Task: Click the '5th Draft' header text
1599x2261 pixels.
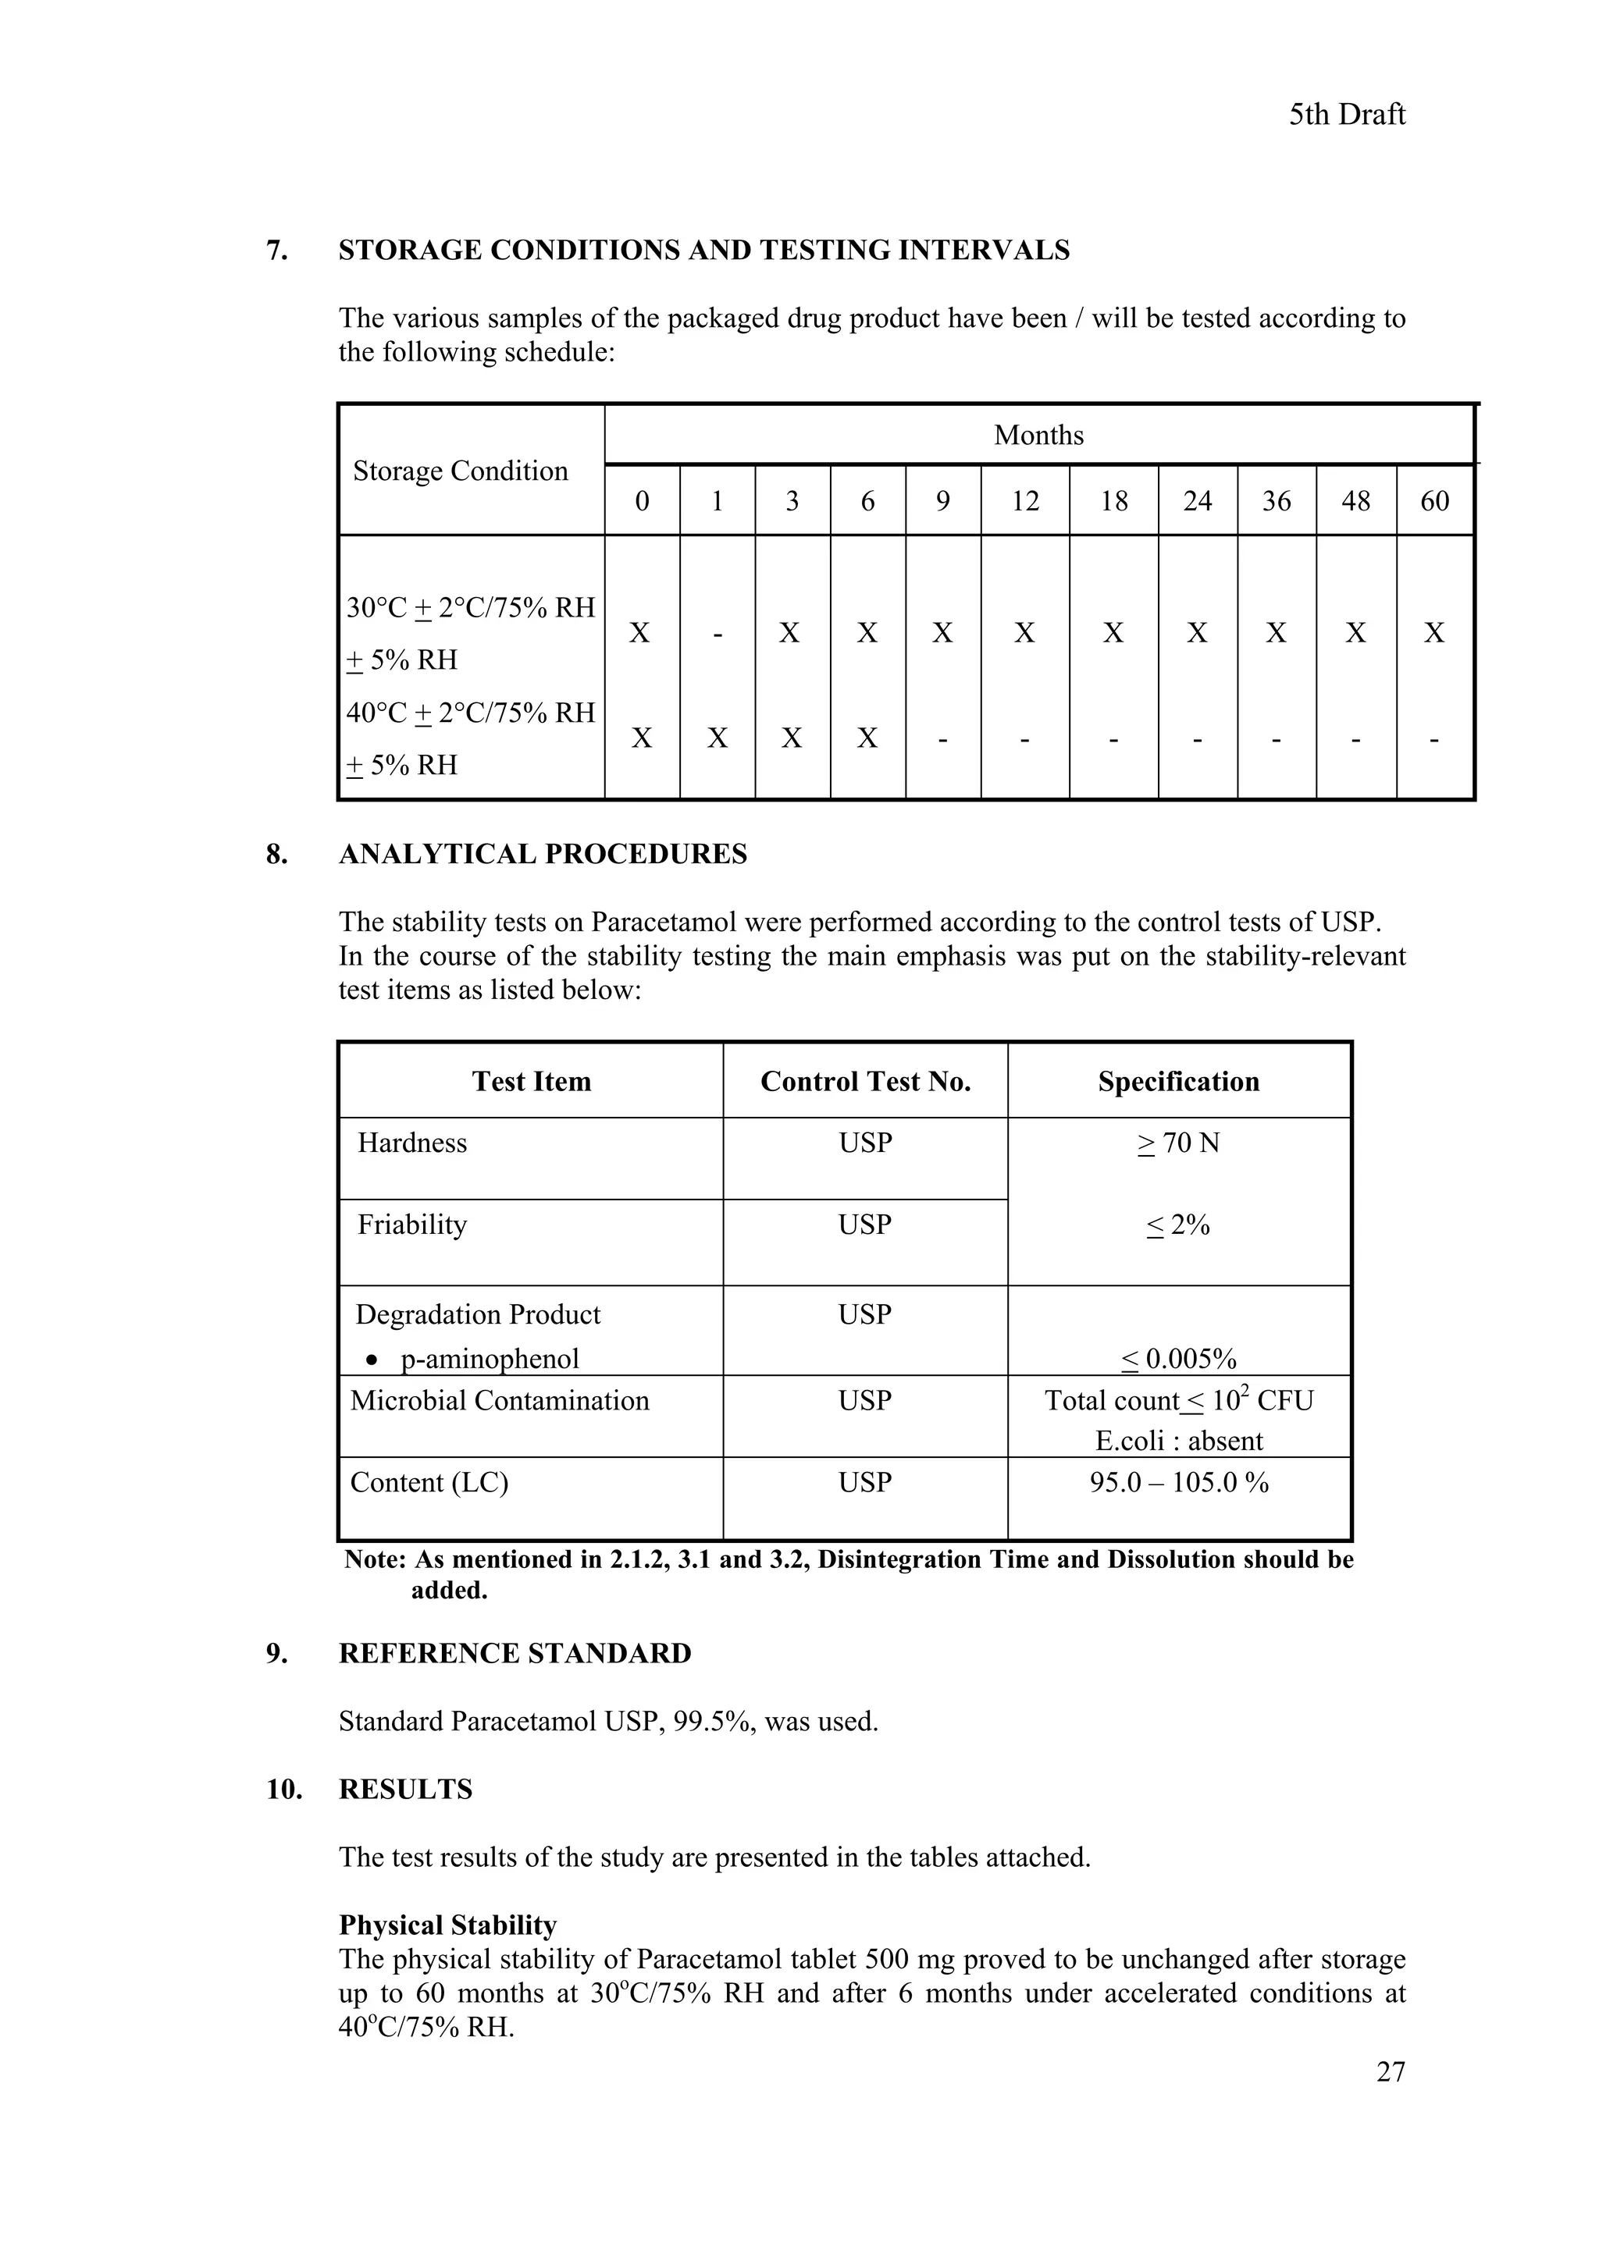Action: [1346, 116]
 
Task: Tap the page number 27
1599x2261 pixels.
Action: [1390, 2072]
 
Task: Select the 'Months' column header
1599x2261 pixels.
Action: [1038, 435]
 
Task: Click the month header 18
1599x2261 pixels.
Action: [1113, 501]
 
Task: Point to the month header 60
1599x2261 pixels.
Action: [1434, 501]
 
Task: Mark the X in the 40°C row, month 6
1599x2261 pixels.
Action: [867, 738]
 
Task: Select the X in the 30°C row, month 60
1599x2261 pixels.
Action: [1434, 633]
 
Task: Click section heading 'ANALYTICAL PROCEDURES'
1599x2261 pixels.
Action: [543, 854]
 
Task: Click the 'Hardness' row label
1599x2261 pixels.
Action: [411, 1143]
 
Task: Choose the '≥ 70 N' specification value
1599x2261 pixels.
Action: [1178, 1143]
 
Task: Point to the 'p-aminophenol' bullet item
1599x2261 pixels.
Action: [489, 1359]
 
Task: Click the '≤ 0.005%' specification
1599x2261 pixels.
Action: [1178, 1360]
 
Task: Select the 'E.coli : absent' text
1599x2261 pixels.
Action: [1178, 1441]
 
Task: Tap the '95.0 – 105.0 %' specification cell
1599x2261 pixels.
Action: [1178, 1482]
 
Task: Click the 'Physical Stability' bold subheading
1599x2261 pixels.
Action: [447, 1925]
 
